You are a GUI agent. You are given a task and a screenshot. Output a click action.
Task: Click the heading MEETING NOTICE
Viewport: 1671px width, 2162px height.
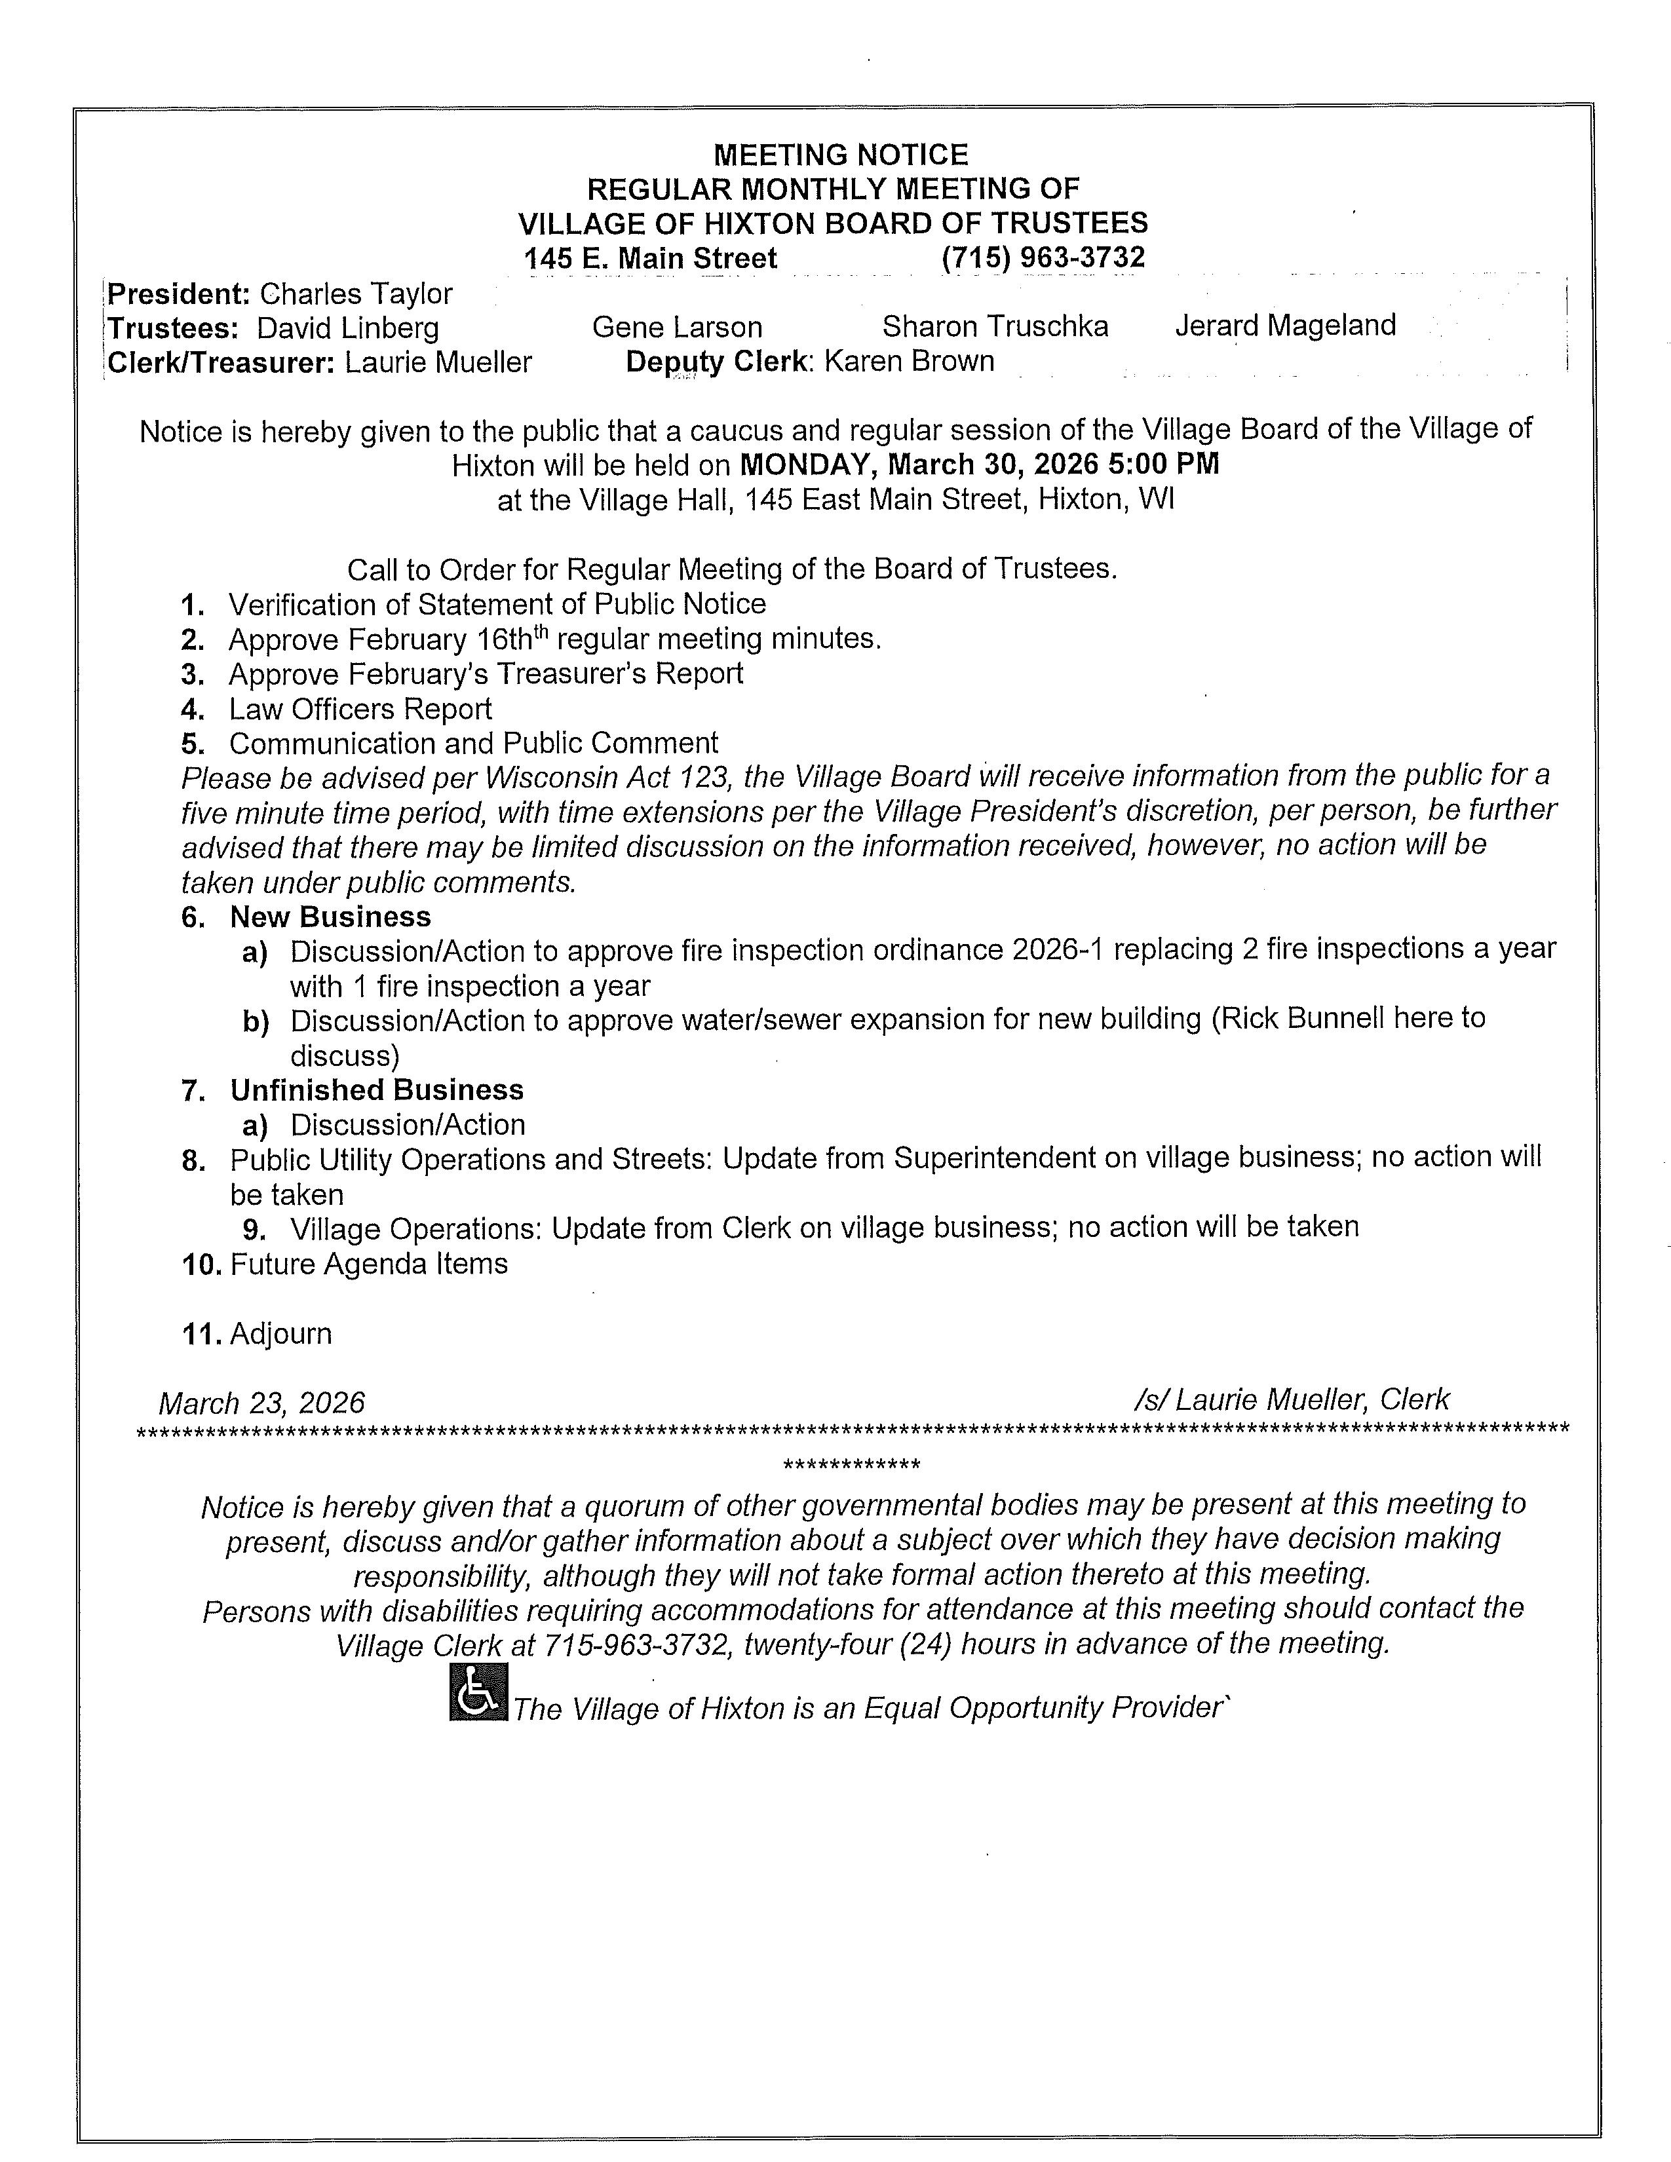841,155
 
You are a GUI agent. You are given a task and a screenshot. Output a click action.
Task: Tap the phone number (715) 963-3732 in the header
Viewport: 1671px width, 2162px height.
1043,257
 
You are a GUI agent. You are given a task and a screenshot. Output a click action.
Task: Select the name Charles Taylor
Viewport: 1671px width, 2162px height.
355,294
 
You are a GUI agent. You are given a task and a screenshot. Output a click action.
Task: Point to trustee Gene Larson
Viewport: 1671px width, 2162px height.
677,327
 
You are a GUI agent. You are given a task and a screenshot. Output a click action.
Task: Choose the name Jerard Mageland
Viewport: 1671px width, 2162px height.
1285,325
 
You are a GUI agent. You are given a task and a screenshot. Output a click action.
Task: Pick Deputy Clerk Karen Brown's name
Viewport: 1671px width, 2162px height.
909,362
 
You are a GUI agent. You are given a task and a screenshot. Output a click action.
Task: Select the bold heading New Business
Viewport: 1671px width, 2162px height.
331,917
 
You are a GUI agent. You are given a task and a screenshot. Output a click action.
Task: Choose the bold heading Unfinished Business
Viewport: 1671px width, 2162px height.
376,1090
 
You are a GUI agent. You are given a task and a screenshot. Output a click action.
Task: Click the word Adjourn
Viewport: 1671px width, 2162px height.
281,1333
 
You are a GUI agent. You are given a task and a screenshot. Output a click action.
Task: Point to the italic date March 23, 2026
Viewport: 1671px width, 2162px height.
261,1403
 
